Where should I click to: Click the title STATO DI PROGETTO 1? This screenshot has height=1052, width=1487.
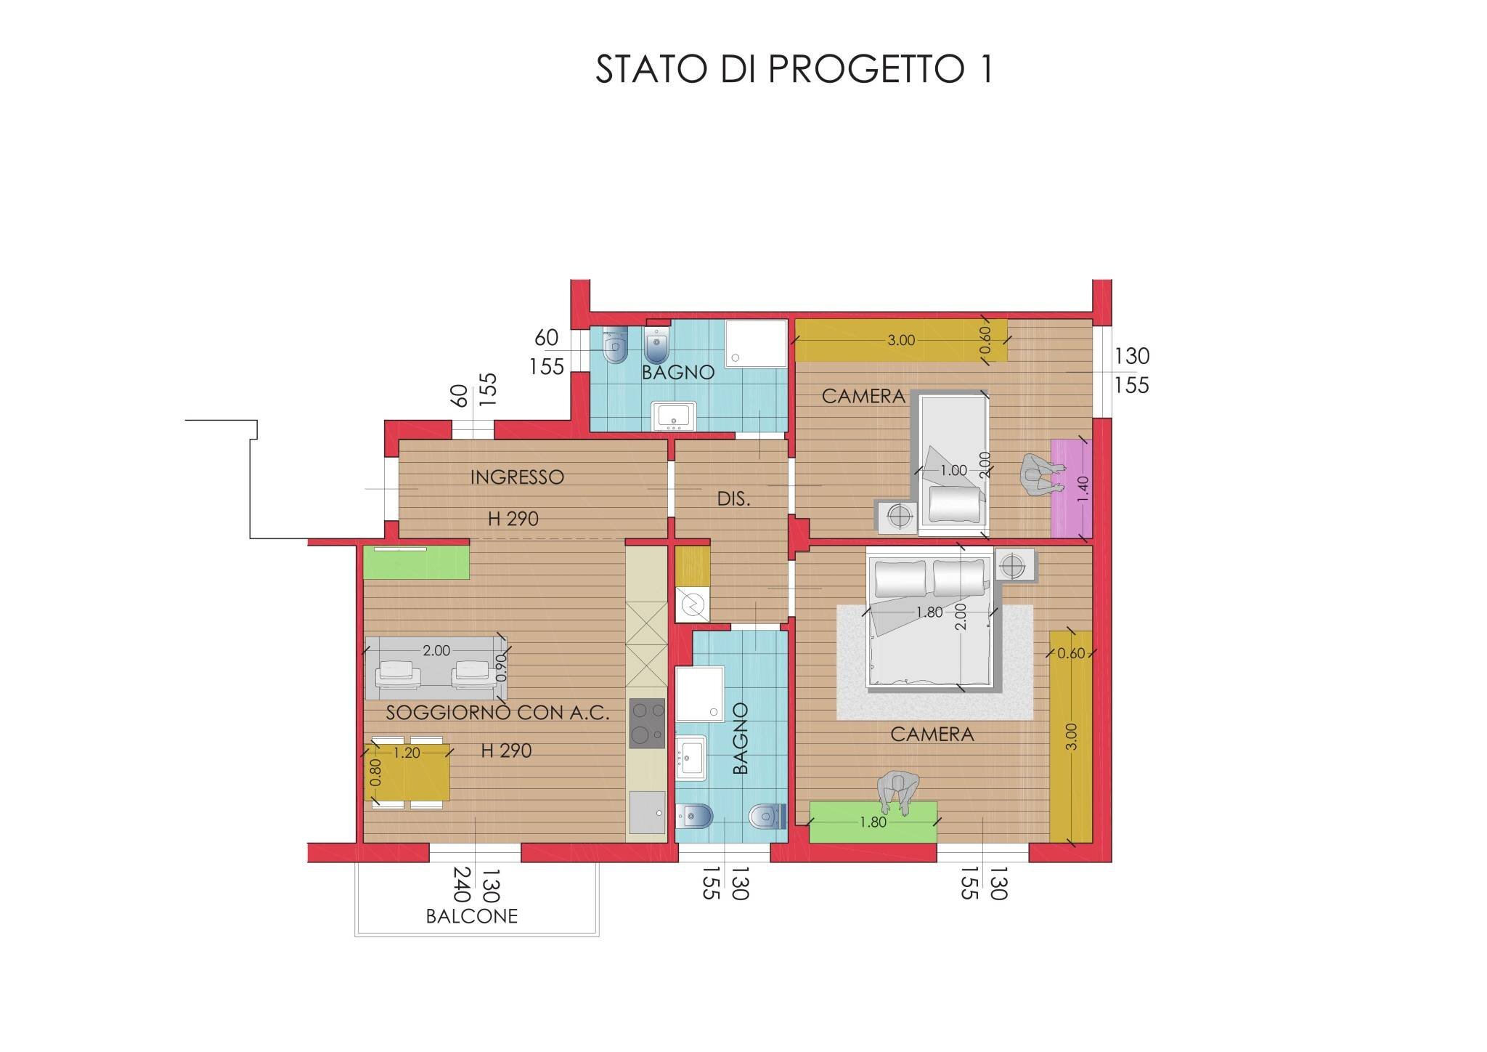pos(794,70)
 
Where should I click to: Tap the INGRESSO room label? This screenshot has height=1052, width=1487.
pos(517,477)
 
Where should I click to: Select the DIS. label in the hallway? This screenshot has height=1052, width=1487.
pos(733,500)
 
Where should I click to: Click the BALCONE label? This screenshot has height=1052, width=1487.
pos(472,916)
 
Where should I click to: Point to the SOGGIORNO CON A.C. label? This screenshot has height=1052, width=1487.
pos(497,713)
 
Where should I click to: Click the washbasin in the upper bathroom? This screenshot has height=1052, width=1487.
pos(675,416)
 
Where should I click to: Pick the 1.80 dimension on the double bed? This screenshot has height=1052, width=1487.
pos(929,612)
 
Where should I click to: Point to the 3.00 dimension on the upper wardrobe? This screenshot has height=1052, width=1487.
pos(901,340)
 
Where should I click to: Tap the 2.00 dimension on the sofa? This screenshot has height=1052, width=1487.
pos(436,651)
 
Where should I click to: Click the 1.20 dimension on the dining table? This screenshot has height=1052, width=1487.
pos(407,753)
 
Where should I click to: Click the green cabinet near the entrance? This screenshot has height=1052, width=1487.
pos(416,562)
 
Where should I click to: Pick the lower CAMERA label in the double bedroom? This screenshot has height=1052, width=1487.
pos(932,735)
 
